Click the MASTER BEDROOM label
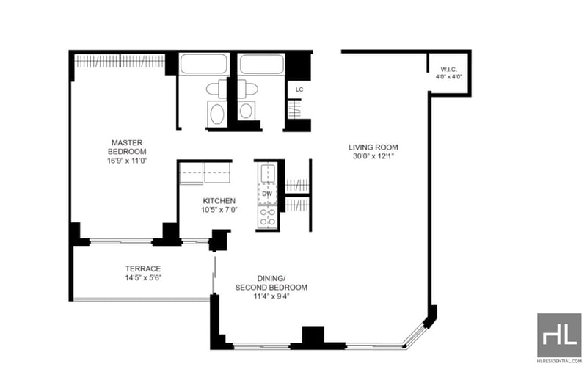127,147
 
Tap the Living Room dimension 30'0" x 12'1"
373,156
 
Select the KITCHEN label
219,201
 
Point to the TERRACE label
143,268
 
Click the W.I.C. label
448,70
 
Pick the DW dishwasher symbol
267,194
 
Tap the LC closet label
299,89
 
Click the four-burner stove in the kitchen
268,216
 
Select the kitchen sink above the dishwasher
268,173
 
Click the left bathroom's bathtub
204,64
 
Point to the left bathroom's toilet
216,89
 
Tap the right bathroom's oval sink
246,111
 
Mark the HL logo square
559,335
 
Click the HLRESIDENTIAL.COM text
559,362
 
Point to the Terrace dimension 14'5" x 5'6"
143,278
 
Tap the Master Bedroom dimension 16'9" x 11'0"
127,161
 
